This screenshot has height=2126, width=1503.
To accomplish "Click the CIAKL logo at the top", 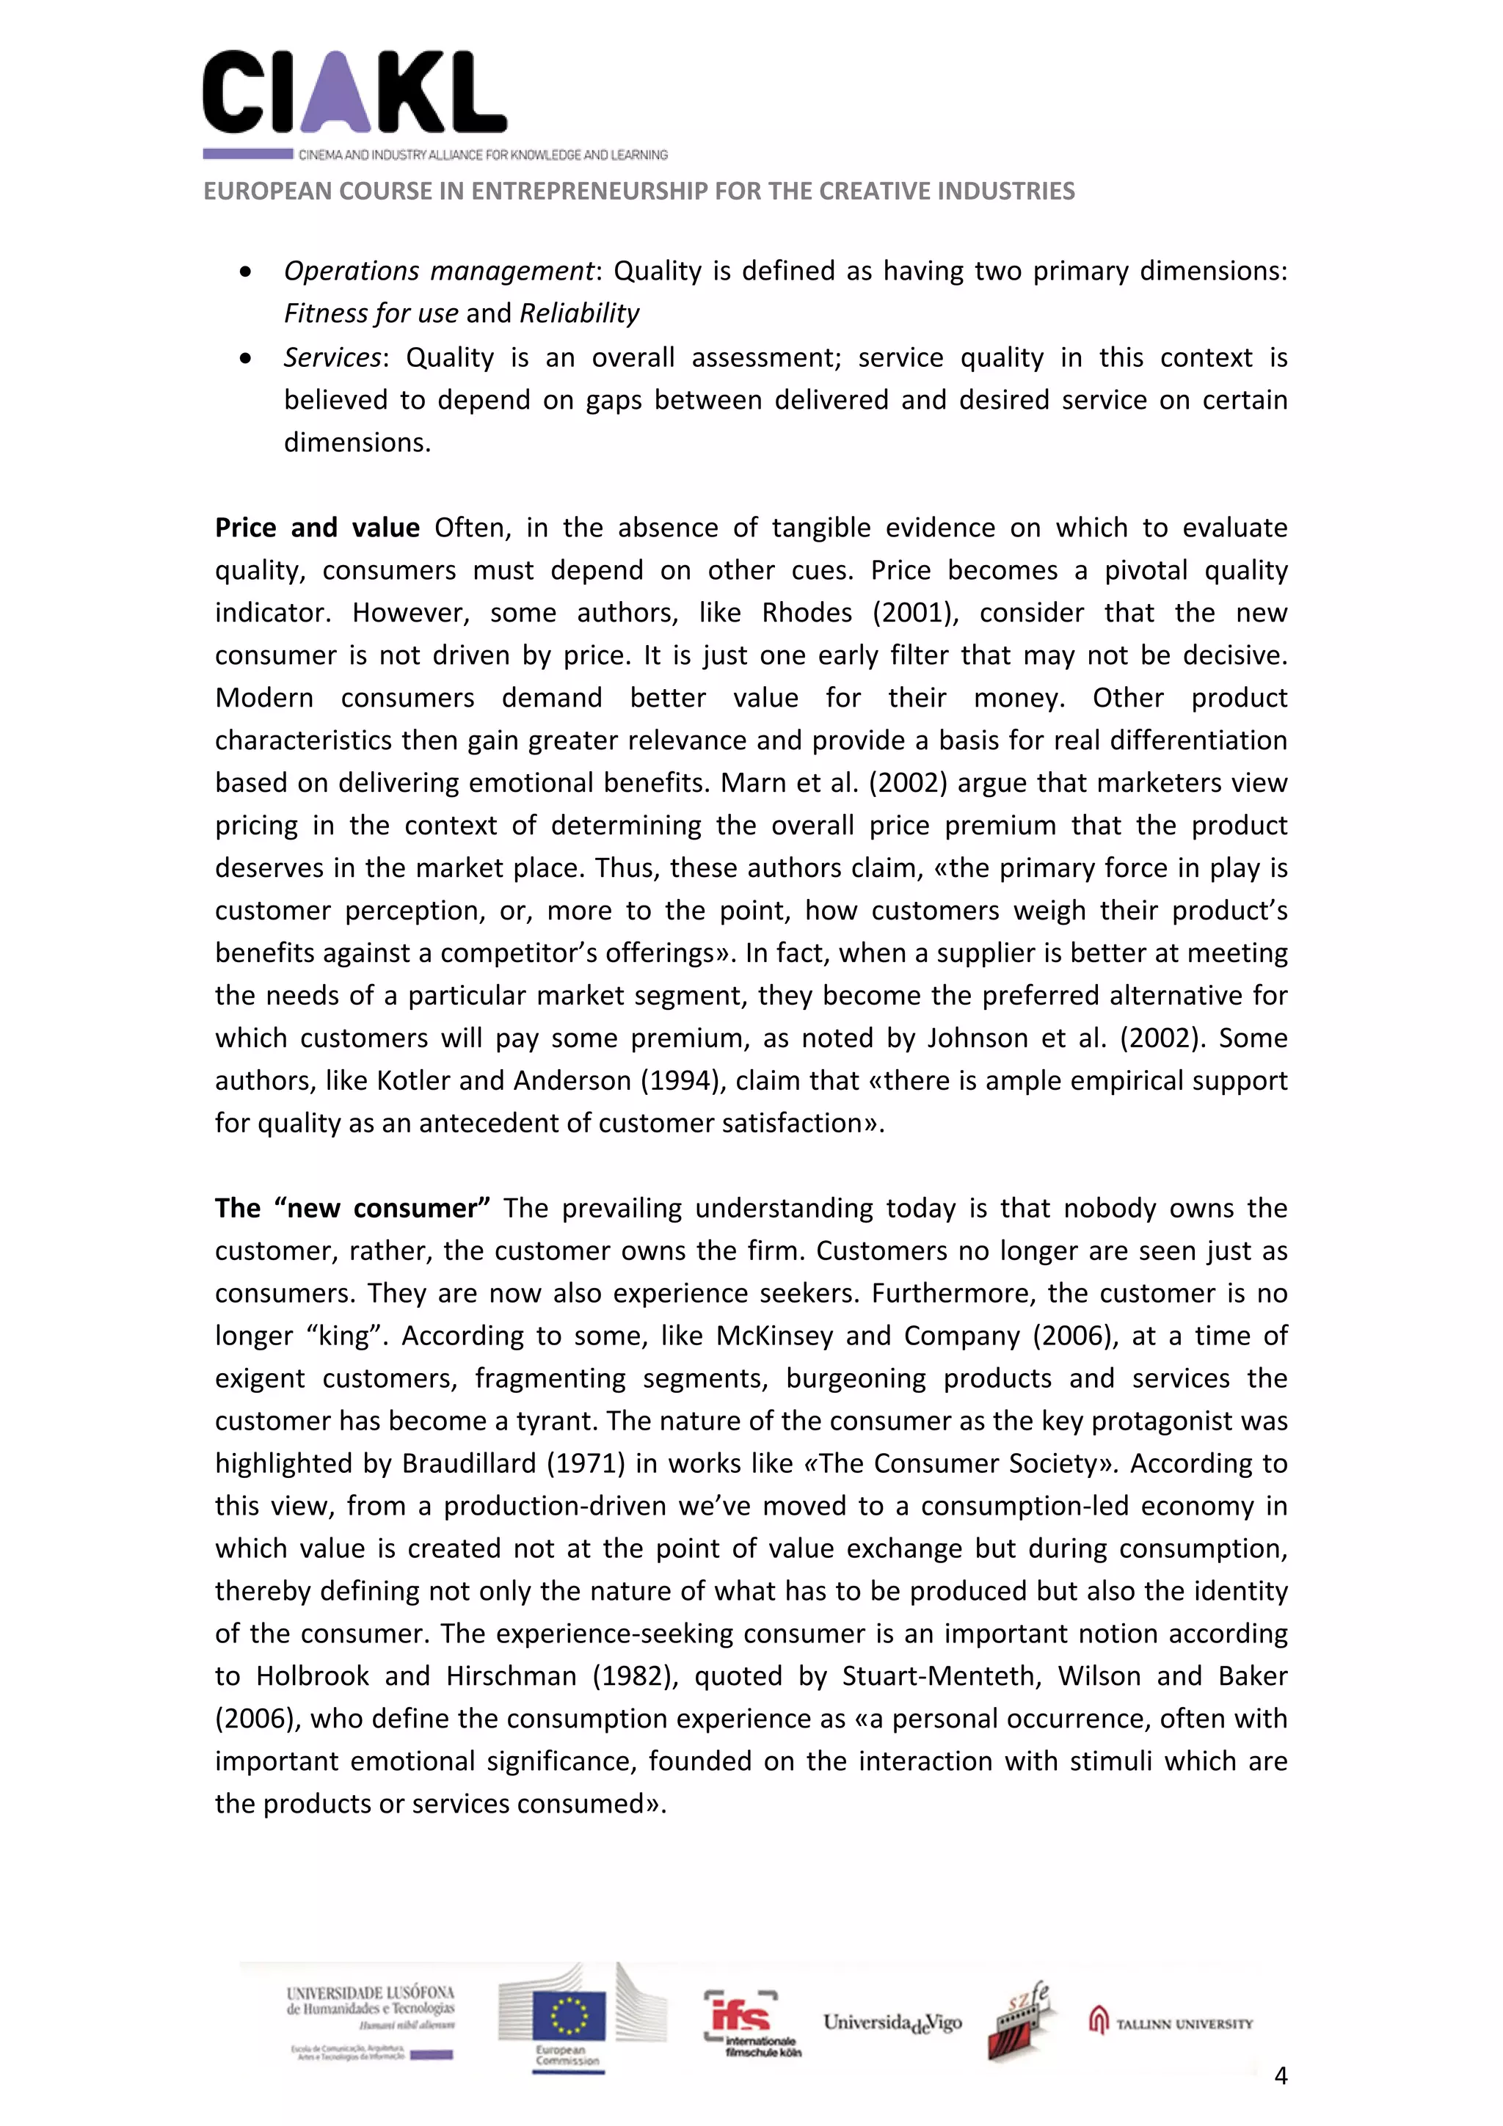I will (354, 92).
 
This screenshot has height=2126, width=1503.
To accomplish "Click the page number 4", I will (1281, 2075).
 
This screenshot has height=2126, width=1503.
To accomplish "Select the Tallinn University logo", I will (1171, 2023).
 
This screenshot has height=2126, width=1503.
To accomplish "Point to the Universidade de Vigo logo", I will (892, 2023).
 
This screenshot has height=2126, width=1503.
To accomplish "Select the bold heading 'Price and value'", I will (317, 528).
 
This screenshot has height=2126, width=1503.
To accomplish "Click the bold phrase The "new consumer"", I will (352, 1209).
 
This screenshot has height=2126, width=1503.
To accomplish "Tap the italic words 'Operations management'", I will (438, 272).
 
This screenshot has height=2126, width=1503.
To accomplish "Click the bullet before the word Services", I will (244, 358).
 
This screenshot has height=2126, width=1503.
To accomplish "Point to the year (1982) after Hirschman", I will (634, 1676).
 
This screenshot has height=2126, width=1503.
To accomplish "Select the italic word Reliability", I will (579, 314).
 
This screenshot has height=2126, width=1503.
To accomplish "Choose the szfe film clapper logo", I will (1022, 2021).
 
